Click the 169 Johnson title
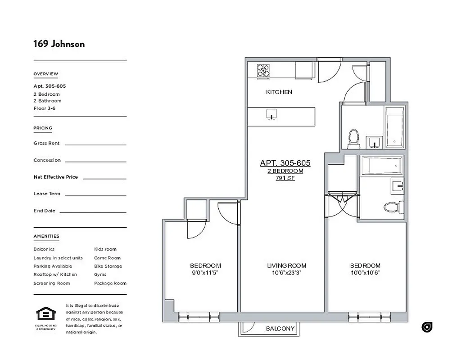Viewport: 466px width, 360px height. coord(59,44)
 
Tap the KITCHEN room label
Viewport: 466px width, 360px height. coord(279,92)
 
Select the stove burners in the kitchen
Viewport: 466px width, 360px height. coord(263,70)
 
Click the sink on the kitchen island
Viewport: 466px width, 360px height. coord(271,114)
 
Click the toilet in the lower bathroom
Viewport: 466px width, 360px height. coord(391,207)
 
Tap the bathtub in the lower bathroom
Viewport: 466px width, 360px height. coord(381,166)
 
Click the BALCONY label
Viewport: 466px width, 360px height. coord(280,328)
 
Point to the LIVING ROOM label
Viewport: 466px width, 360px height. coord(286,266)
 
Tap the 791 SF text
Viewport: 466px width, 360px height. coord(285,178)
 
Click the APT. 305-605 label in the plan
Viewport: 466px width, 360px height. coord(285,163)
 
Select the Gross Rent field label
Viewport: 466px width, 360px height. coord(46,143)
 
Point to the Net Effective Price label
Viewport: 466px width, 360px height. coord(55,177)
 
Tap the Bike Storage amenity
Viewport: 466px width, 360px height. coord(108,266)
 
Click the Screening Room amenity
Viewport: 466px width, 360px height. coord(51,283)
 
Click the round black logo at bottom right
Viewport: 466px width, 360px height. coord(427,327)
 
